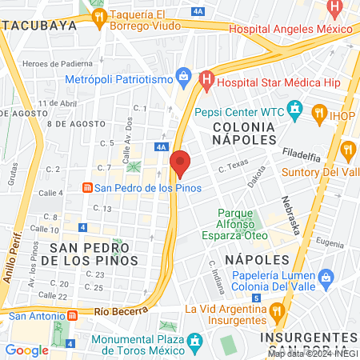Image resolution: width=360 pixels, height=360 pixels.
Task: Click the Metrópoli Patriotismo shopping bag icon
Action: pyautogui.click(x=184, y=78)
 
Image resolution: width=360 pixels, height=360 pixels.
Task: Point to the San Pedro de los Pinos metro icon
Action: pyautogui.click(x=86, y=188)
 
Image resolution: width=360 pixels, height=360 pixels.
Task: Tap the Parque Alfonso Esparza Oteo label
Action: pyautogui.click(x=238, y=224)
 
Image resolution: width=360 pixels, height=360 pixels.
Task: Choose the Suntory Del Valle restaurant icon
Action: pyautogui.click(x=348, y=148)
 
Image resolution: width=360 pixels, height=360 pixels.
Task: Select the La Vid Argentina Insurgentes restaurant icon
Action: pyautogui.click(x=278, y=310)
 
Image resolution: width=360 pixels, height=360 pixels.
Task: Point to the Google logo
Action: pyautogui.click(x=26, y=350)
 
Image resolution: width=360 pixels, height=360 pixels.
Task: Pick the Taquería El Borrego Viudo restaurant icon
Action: pyautogui.click(x=98, y=16)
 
